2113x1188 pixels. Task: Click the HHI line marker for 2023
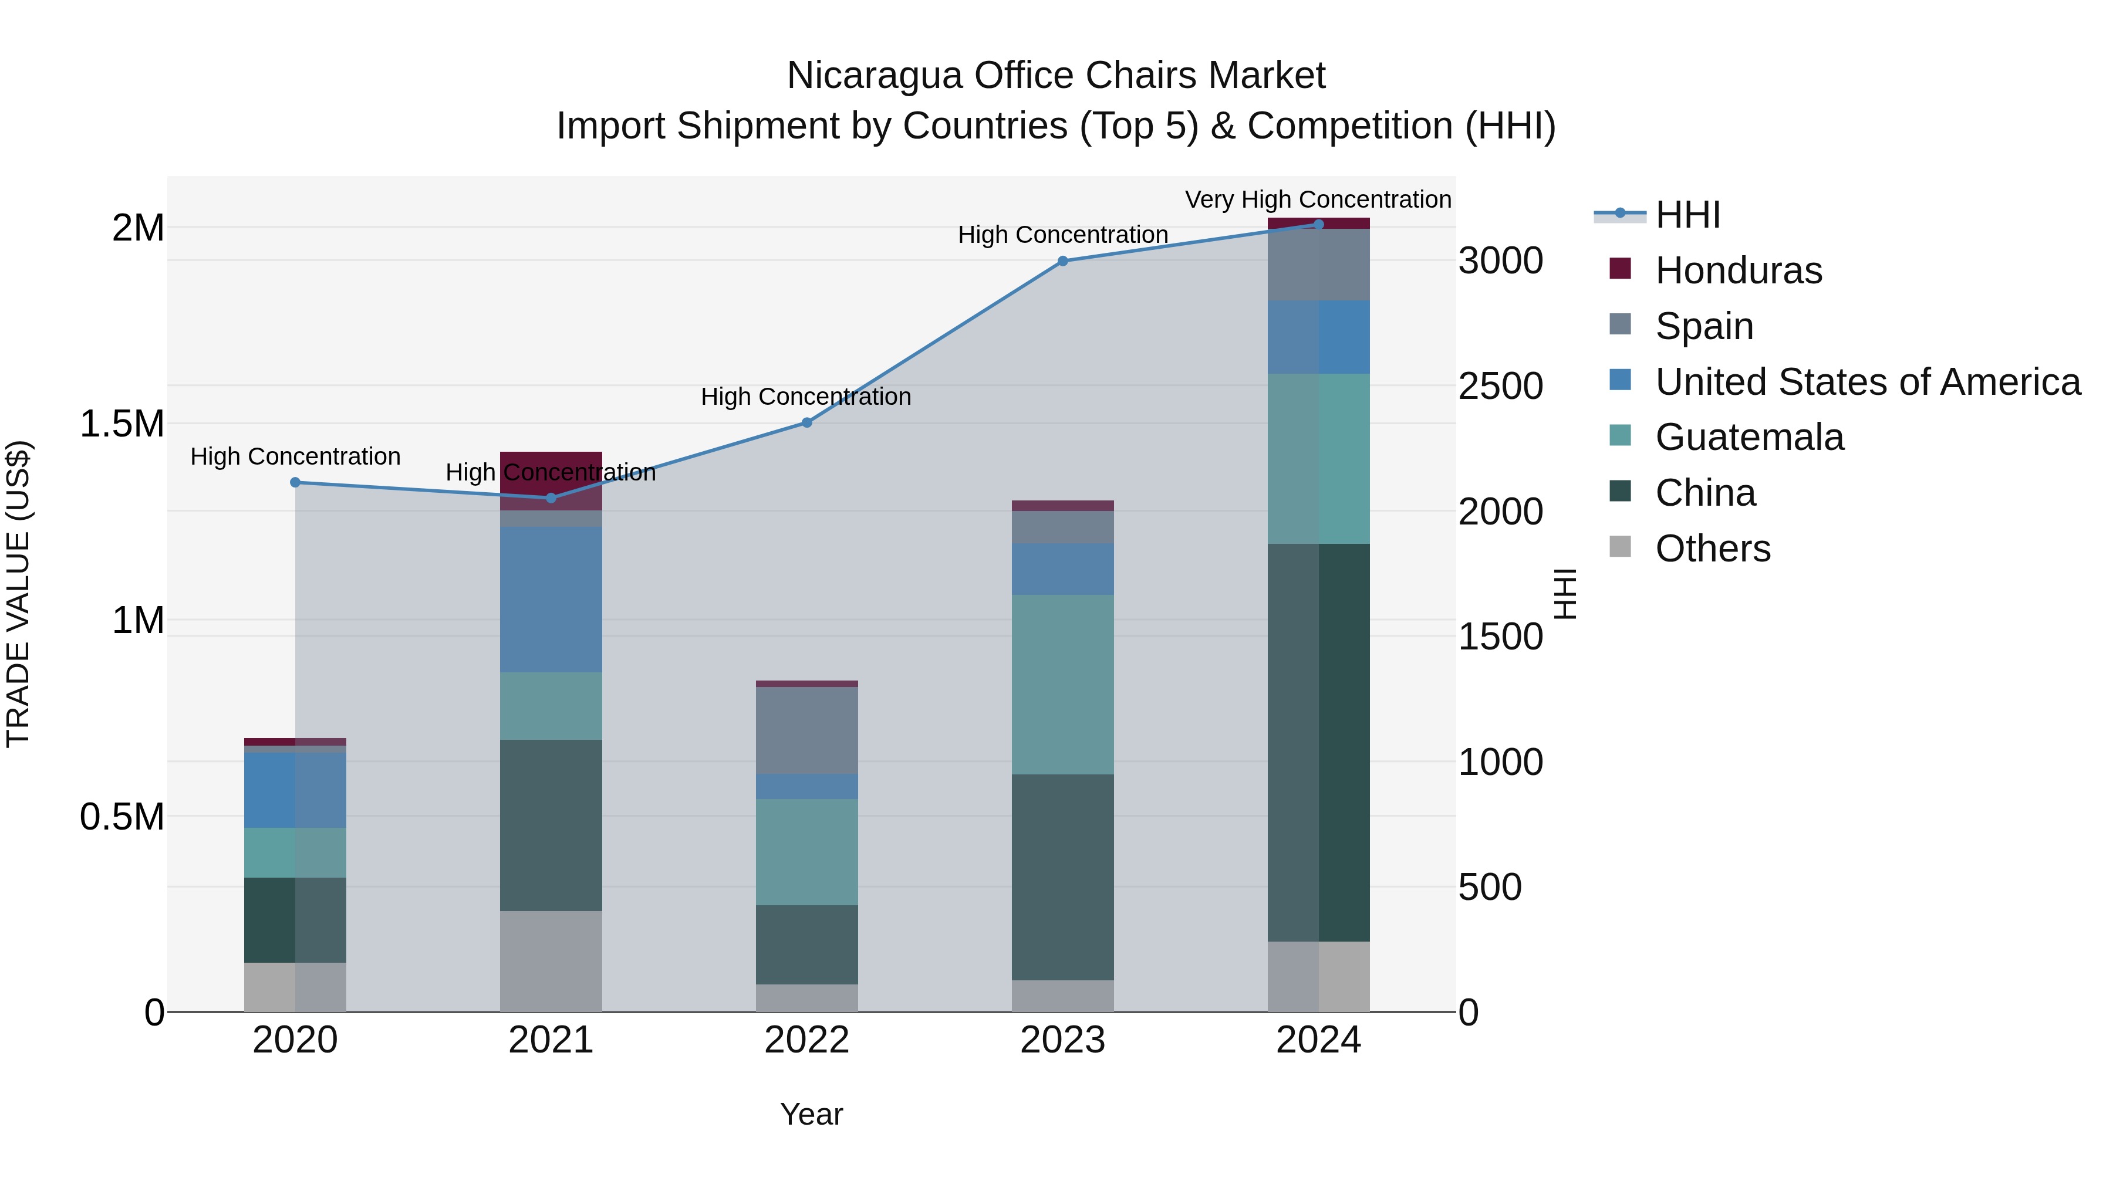coord(1062,260)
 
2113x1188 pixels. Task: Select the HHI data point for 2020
coord(295,482)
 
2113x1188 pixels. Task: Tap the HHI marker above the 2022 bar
coord(806,422)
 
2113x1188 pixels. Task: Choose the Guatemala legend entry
coord(1749,437)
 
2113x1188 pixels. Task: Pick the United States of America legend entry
coord(1867,382)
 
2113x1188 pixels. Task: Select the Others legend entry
coord(1712,549)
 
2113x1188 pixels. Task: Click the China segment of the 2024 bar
coord(1318,742)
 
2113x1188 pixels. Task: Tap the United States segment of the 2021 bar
coord(551,600)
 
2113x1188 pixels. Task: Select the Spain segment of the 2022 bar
coord(806,730)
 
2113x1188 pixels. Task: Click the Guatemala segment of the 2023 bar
coord(1062,685)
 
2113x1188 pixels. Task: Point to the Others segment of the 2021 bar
coord(551,961)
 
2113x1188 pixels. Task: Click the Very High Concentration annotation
coord(1317,199)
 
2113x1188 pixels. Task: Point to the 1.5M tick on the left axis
coord(122,424)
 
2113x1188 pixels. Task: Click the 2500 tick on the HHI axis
coord(1500,386)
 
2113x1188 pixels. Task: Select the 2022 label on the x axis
coord(806,1040)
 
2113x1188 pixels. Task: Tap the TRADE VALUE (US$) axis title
coord(18,594)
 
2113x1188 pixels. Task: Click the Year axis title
coord(811,1114)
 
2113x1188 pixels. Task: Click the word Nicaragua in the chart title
coord(875,76)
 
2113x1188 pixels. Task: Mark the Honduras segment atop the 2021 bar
coord(551,480)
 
